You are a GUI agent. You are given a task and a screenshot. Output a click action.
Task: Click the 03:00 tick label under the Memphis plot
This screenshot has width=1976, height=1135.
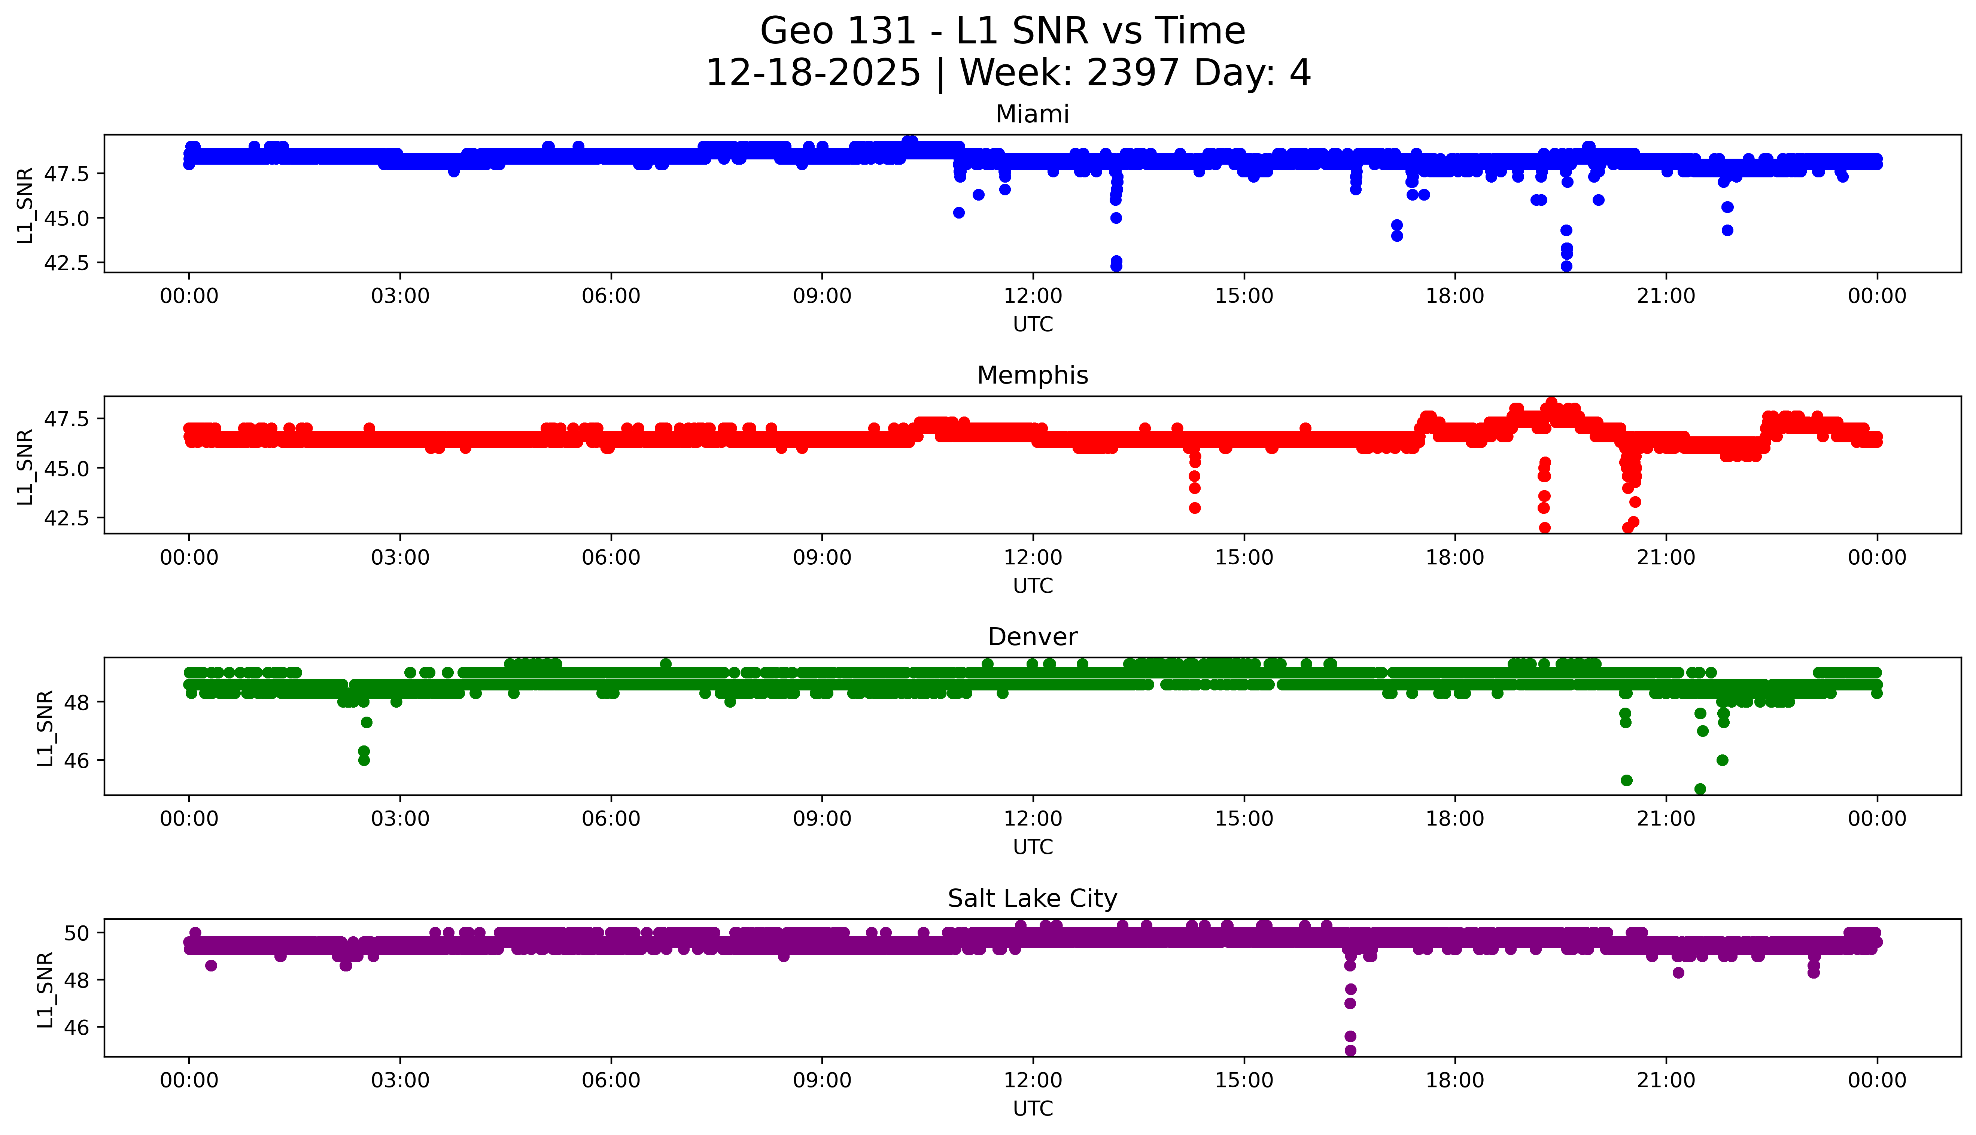[400, 557]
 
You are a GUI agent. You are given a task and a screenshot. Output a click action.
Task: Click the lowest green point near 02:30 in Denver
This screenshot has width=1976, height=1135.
[364, 760]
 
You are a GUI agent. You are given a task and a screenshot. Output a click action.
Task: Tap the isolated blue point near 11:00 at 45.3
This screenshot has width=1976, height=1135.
[959, 213]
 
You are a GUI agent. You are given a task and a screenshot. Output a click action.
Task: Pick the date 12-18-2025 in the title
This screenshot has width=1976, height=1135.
[812, 73]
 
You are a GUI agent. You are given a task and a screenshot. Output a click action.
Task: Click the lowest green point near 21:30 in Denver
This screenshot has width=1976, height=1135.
[1700, 789]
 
